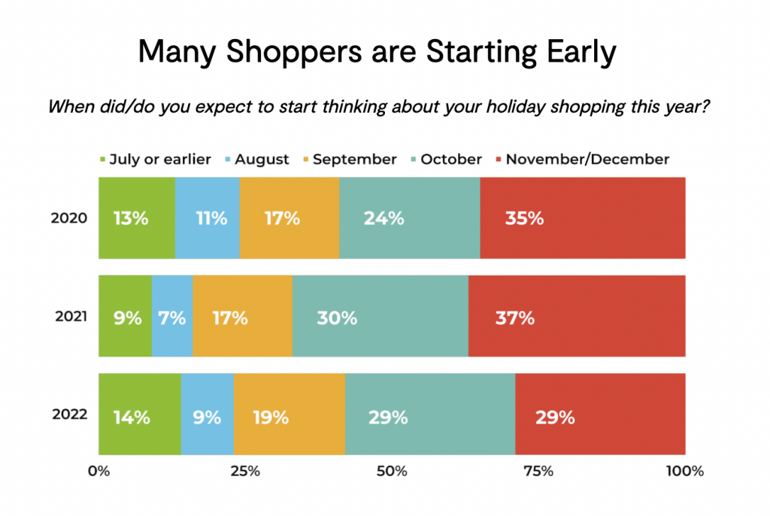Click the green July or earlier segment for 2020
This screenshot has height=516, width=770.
pos(137,217)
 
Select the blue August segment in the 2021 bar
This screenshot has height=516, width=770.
pos(172,316)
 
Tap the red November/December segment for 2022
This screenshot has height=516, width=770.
pos(600,414)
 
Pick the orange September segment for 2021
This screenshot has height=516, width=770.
pos(243,316)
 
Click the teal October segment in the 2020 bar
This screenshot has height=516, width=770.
pos(410,217)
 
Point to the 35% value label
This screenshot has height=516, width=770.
pos(524,218)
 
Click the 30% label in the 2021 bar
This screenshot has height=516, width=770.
pos(337,318)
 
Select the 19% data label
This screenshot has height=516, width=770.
pos(271,417)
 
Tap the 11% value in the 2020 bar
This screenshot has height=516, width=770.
pos(211,218)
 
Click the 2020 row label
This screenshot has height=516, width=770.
pos(69,217)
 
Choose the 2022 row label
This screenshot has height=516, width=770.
pos(70,414)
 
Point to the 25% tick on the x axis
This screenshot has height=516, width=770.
pos(245,472)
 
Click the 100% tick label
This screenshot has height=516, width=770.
pos(685,472)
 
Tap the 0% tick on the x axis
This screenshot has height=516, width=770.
pos(99,472)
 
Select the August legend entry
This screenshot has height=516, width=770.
pos(257,159)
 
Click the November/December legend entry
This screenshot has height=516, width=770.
pos(583,159)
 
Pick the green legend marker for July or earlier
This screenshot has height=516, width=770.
pos(102,159)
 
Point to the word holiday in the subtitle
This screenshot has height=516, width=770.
pos(515,107)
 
